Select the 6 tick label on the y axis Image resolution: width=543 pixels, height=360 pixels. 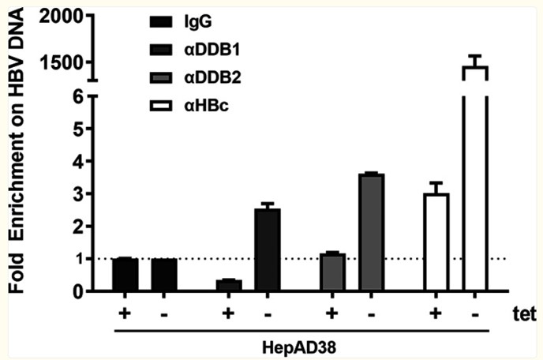point(77,96)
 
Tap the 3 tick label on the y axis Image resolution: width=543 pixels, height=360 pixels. point(77,193)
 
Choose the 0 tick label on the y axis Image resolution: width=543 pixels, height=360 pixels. point(77,291)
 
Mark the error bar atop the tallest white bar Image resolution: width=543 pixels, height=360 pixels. point(476,60)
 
